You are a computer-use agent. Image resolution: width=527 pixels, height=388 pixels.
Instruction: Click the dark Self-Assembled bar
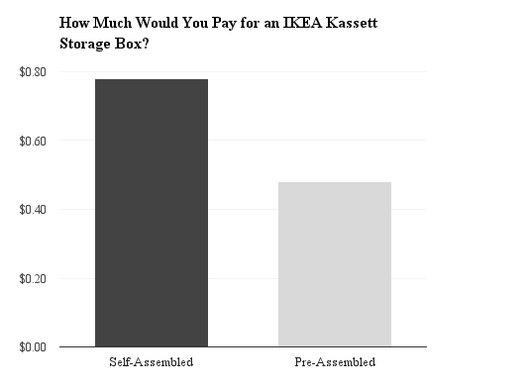click(151, 213)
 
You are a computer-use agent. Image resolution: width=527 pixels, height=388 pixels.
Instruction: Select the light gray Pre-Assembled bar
click(334, 264)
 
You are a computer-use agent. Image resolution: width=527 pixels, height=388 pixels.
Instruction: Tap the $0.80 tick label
click(33, 71)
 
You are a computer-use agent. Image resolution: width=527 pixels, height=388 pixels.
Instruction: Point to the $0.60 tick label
click(33, 141)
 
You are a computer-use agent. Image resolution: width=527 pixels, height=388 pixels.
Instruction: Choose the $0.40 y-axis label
click(33, 209)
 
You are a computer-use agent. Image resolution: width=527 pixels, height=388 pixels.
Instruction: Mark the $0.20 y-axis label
click(33, 278)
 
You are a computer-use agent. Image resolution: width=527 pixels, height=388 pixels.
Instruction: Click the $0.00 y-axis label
click(33, 346)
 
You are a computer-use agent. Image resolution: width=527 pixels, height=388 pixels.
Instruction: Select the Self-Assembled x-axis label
click(151, 362)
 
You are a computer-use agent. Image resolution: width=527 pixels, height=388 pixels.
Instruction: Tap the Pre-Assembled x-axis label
click(335, 362)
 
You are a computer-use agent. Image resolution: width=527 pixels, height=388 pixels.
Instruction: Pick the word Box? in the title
click(141, 44)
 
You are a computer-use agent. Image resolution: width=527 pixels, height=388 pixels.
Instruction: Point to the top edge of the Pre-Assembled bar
click(334, 183)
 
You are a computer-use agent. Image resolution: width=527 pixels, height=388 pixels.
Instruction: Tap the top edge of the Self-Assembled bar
click(151, 79)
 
